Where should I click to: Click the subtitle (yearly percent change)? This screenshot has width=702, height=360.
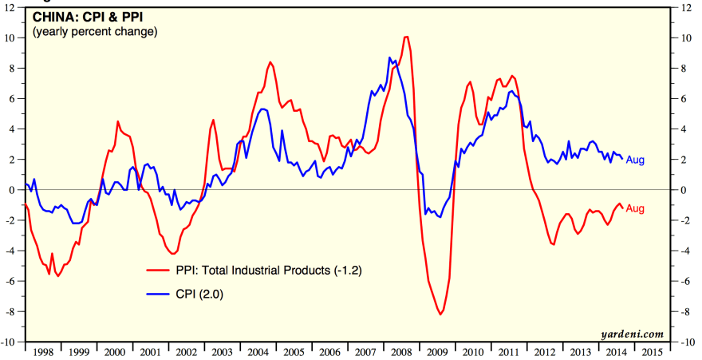(x=95, y=31)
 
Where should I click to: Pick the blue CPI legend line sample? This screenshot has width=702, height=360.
(x=159, y=295)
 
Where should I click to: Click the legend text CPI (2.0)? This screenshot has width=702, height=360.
(x=199, y=295)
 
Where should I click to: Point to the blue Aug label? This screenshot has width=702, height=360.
(x=635, y=160)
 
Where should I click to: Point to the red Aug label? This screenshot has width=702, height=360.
(x=635, y=208)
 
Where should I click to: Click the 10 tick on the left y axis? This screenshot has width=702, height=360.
(x=14, y=38)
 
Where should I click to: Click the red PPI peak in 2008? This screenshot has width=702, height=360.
(x=407, y=37)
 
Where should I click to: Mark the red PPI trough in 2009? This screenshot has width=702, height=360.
(x=440, y=315)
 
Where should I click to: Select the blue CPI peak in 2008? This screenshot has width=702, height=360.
(x=389, y=57)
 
